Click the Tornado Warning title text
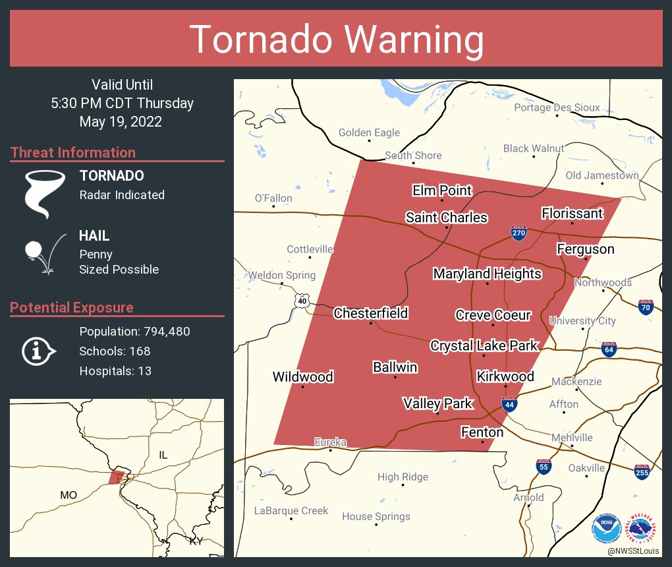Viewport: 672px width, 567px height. coord(336,40)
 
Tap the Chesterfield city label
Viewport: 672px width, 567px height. coord(370,313)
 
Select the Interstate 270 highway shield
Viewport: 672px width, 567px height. coord(518,233)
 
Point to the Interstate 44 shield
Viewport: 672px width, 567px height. coord(509,404)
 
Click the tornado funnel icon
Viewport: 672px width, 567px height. coord(44,193)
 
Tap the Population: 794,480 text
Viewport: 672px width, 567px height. coord(134,332)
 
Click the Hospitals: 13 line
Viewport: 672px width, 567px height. coord(115,371)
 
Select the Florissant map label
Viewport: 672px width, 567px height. coord(572,213)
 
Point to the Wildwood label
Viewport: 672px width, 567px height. coord(303,377)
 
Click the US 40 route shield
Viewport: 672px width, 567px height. coord(302,301)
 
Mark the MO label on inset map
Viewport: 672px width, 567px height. coord(69,494)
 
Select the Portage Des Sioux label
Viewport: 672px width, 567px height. coord(557,107)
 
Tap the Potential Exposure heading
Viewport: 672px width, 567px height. coord(72,308)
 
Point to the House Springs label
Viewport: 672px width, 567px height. coord(376,516)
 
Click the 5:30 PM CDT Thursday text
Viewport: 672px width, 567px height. coord(122,104)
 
